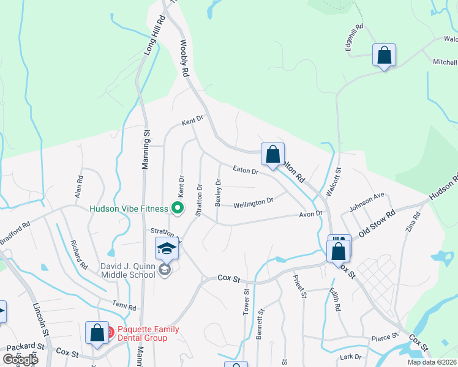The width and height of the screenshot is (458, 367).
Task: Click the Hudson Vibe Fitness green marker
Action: pyautogui.click(x=178, y=209)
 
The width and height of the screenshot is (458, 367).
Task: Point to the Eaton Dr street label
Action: pyautogui.click(x=246, y=171)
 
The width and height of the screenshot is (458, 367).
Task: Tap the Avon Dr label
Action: pyautogui.click(x=310, y=214)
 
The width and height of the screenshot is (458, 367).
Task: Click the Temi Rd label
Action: pyautogui.click(x=123, y=304)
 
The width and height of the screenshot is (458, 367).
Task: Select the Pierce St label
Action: pyautogui.click(x=385, y=336)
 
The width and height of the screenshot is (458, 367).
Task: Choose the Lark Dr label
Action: pyautogui.click(x=351, y=357)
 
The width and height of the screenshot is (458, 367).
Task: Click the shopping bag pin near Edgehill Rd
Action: pyautogui.click(x=384, y=55)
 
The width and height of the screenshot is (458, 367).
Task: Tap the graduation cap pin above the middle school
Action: pyautogui.click(x=166, y=249)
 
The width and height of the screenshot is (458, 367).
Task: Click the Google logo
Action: pyautogui.click(x=20, y=360)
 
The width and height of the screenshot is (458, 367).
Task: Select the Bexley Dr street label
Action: pyautogui.click(x=218, y=192)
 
